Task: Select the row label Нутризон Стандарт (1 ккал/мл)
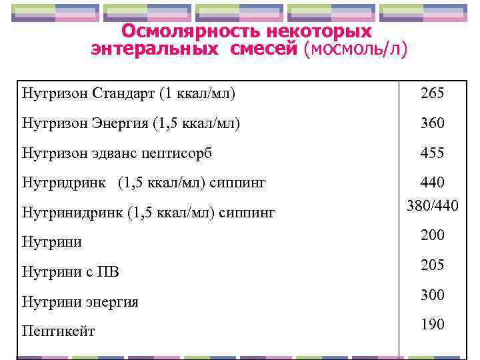point(128,93)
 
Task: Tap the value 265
point(432,93)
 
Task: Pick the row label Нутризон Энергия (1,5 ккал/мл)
point(131,123)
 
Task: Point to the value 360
point(432,123)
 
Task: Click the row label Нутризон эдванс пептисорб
point(117,153)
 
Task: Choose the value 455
point(432,153)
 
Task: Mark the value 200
point(432,235)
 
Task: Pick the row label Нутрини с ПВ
point(71,272)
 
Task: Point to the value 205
point(432,265)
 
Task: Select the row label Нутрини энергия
point(80,302)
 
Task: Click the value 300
point(432,295)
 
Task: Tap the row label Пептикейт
point(59,331)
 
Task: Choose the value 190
point(432,325)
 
